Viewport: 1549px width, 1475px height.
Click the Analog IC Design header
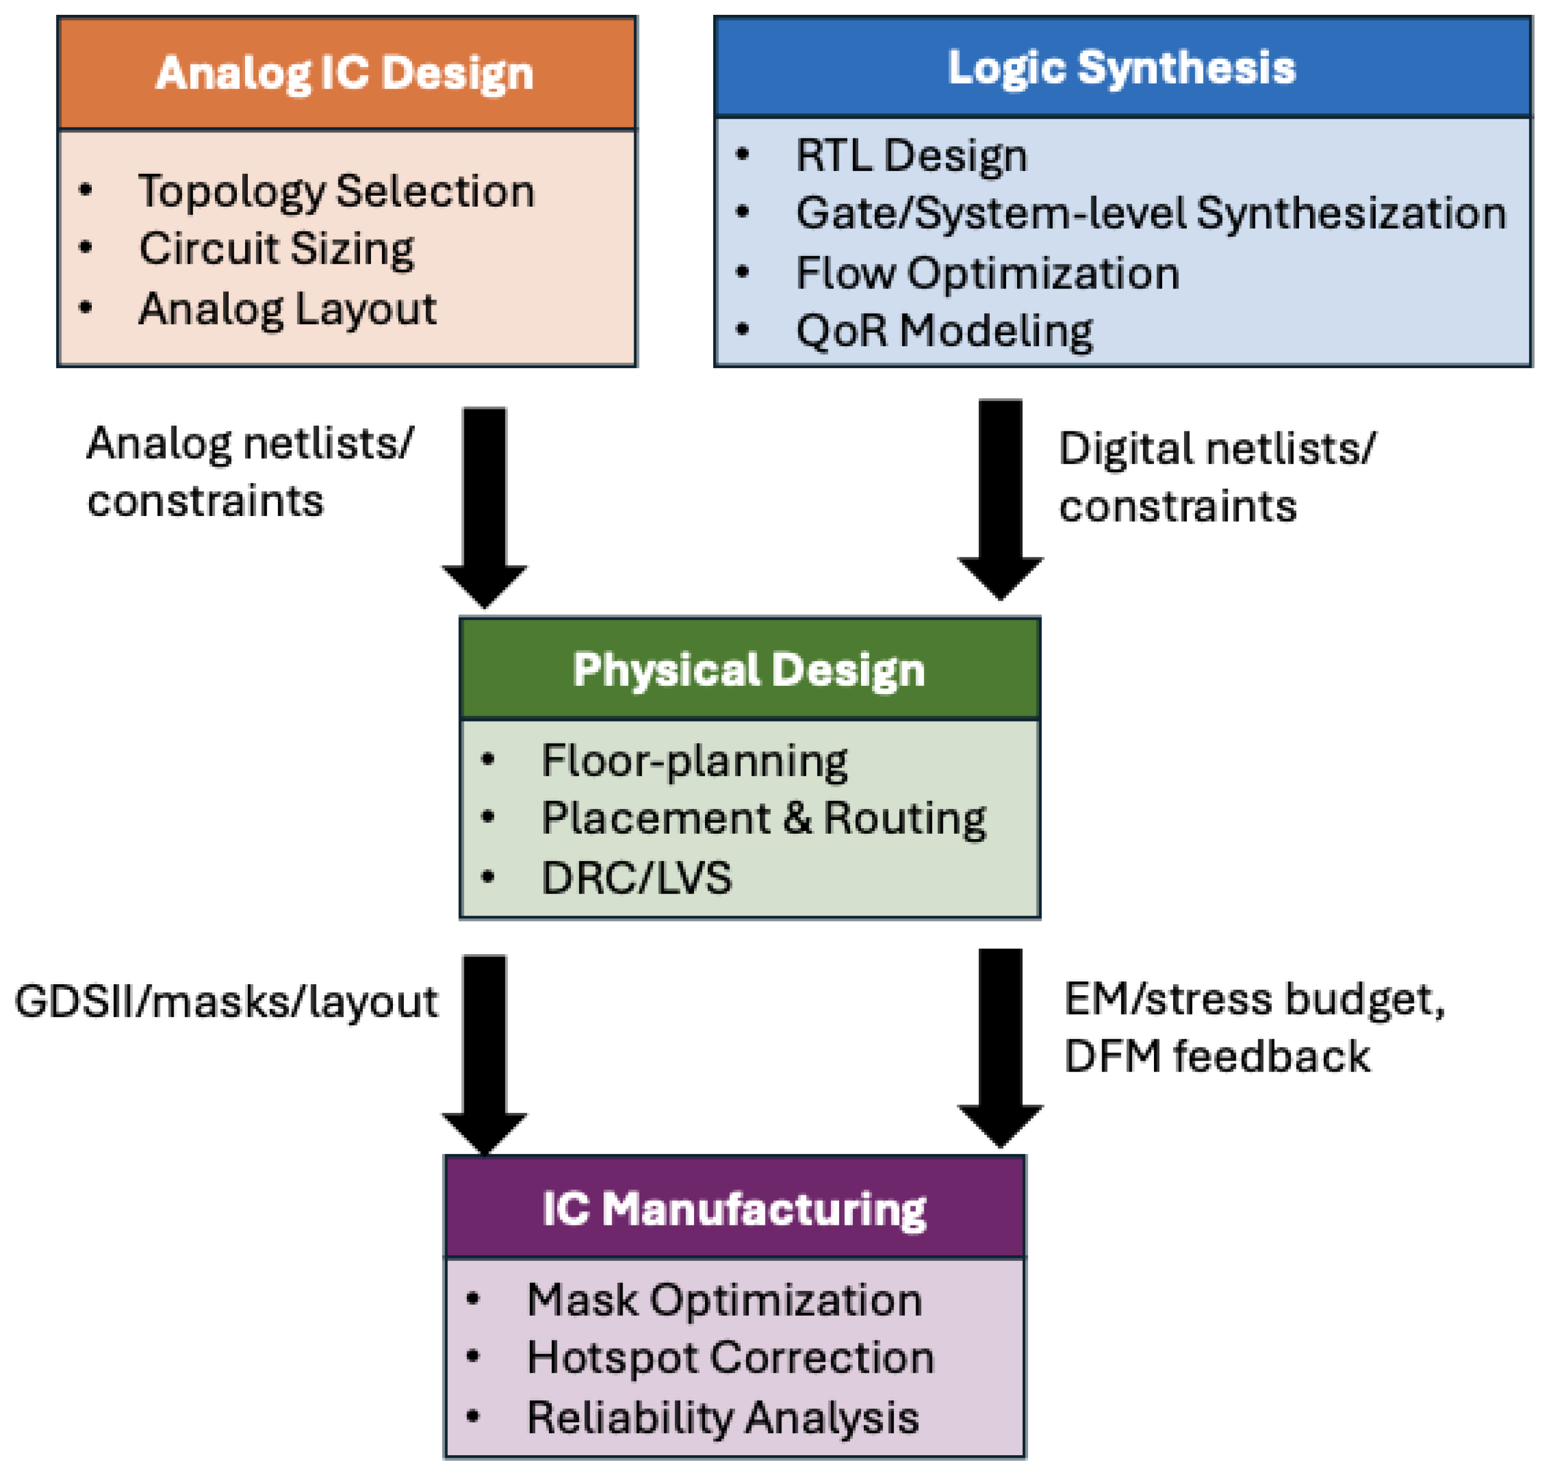click(345, 74)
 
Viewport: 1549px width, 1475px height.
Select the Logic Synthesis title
click(1122, 68)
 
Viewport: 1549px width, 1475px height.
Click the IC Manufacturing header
click(735, 1209)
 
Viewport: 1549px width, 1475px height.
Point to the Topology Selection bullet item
click(336, 192)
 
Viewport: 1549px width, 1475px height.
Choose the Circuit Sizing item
click(276, 250)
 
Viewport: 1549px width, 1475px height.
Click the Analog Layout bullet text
click(287, 309)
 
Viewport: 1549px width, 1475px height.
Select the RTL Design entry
click(911, 156)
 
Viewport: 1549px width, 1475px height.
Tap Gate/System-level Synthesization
click(1151, 214)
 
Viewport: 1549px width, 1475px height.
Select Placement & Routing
click(763, 819)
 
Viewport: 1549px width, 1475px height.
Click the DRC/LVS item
click(636, 878)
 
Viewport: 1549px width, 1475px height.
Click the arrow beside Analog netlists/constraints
click(484, 508)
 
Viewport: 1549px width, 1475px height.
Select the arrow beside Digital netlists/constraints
click(1000, 500)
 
